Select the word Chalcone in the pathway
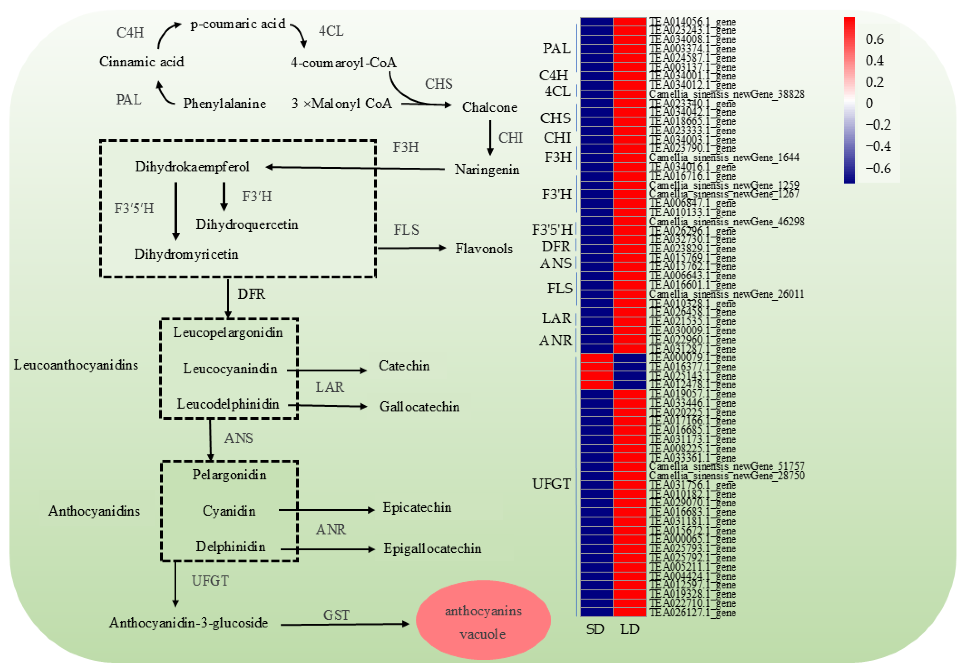point(489,107)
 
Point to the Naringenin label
point(487,170)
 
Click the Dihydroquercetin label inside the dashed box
point(247,224)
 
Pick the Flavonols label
point(484,249)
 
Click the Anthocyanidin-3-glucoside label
point(189,623)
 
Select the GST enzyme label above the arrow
point(336,615)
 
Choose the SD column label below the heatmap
point(595,629)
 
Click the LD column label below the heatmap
point(630,629)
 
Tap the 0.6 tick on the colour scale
point(875,39)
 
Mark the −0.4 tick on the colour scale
point(878,146)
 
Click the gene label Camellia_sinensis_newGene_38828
point(726,94)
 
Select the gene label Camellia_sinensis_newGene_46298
point(726,221)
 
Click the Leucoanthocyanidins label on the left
point(76,365)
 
